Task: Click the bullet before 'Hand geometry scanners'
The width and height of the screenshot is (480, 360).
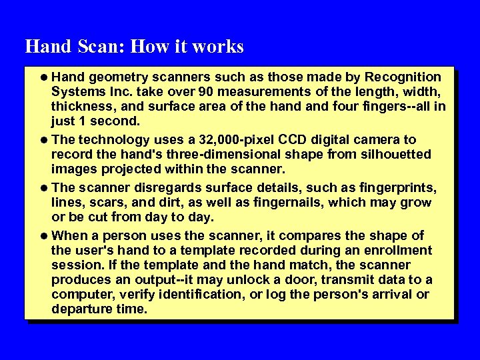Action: pyautogui.click(x=45, y=78)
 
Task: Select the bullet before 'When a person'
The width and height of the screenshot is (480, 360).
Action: pyautogui.click(x=45, y=236)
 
